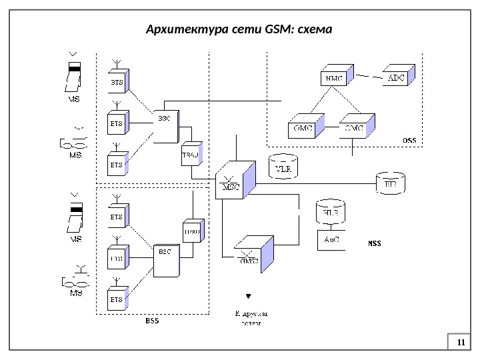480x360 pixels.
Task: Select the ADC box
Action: point(396,79)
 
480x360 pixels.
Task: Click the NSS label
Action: point(375,244)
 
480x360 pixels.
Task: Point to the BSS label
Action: point(153,322)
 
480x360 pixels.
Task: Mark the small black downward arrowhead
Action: point(249,295)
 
